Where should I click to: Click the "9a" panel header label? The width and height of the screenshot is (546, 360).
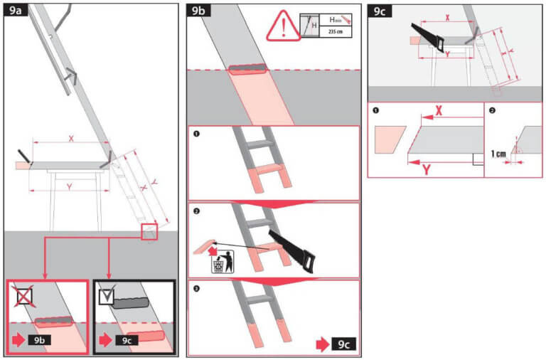16,10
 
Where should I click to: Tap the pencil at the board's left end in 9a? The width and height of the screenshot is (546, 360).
25,156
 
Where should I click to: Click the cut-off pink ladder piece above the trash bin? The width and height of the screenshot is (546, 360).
206,247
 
